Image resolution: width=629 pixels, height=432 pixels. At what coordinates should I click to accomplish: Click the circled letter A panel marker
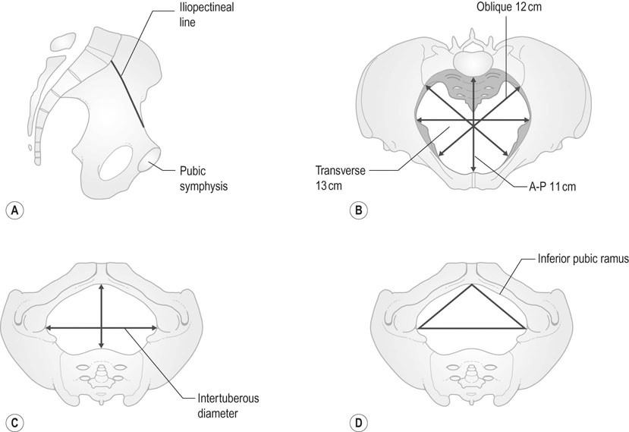tap(15, 210)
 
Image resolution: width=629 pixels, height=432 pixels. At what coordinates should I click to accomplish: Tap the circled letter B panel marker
tap(359, 210)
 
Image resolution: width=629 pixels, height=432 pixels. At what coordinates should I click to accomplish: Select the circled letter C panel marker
tap(15, 422)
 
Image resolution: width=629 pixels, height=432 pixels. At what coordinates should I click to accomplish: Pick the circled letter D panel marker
tap(359, 422)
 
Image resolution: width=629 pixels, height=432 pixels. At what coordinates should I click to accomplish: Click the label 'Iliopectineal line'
tap(206, 14)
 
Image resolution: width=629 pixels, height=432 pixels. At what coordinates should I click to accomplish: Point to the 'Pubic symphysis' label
tap(203, 178)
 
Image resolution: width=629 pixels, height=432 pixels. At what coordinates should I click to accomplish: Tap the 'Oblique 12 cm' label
tap(508, 6)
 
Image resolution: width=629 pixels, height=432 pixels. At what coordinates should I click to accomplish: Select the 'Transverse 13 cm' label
tap(340, 178)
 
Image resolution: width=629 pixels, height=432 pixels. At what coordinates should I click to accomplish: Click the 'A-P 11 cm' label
tap(551, 186)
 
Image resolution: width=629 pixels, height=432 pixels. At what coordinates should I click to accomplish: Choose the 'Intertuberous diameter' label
tap(228, 405)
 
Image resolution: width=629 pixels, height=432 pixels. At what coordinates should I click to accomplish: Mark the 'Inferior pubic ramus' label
tap(583, 259)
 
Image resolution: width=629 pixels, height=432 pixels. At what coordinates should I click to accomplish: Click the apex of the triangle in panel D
tap(472, 285)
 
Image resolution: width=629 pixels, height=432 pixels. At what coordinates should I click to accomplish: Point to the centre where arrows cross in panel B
tap(473, 126)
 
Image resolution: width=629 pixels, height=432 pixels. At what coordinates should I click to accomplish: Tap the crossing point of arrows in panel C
tap(101, 328)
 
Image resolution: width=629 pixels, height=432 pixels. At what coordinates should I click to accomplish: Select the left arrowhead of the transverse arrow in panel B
tap(420, 119)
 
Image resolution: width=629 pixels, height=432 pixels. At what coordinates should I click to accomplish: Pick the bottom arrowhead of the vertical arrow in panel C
tap(101, 345)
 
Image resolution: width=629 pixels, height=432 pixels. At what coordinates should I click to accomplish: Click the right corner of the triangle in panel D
tap(525, 328)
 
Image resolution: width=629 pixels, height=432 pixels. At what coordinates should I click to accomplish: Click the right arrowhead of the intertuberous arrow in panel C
tap(155, 328)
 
